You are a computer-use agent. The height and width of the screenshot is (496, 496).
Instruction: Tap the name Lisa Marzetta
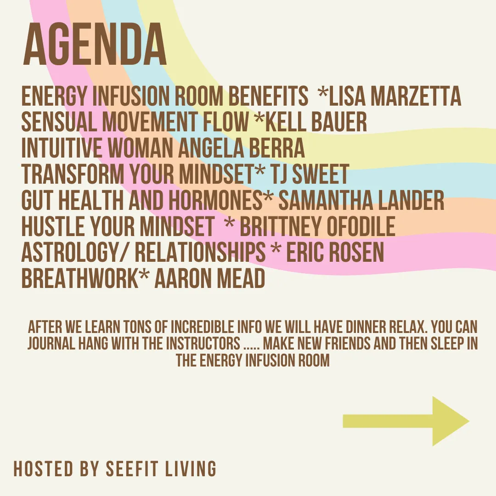point(395,96)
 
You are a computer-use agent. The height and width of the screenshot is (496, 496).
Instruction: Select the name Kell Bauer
point(316,121)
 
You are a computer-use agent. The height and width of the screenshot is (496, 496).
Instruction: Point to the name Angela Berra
point(242,148)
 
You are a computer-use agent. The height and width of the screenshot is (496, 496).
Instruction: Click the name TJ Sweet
point(309,174)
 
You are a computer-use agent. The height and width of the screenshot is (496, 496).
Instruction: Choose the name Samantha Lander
point(361,200)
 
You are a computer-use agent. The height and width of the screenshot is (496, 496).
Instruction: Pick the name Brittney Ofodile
point(318,226)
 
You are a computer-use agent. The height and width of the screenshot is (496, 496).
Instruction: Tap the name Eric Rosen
point(335,253)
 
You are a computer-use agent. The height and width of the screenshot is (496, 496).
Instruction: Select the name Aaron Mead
point(210,279)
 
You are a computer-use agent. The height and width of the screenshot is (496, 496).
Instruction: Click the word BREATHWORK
point(80,279)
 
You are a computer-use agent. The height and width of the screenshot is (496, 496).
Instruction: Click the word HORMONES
point(215,200)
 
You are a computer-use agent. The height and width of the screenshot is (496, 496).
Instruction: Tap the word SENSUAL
point(59,121)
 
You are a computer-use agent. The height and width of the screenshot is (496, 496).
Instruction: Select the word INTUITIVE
point(62,148)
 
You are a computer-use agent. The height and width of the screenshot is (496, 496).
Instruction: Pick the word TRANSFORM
point(73,174)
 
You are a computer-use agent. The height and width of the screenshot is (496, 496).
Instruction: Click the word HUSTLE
point(53,226)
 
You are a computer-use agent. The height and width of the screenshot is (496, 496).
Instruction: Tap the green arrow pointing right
point(406,421)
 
